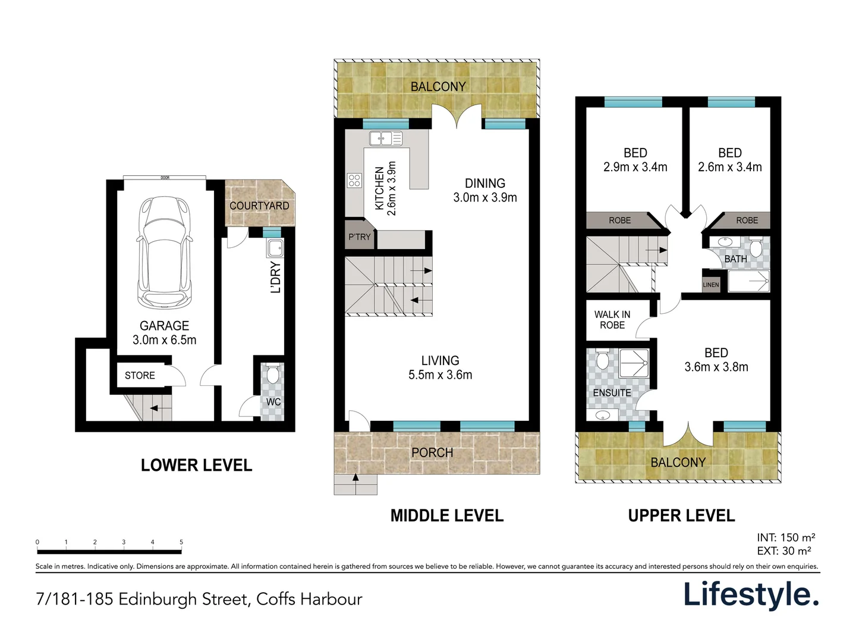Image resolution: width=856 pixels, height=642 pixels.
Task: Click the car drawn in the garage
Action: (165, 252)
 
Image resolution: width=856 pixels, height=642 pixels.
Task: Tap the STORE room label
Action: (140, 376)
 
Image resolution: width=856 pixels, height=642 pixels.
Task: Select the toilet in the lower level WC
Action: (273, 374)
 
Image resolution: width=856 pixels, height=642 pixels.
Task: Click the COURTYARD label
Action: (259, 206)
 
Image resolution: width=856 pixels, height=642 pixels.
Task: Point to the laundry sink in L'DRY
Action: (275, 248)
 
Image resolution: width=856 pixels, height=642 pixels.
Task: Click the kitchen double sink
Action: (385, 139)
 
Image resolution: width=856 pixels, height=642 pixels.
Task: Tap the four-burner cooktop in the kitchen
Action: (355, 180)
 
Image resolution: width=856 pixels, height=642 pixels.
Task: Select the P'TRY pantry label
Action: (359, 237)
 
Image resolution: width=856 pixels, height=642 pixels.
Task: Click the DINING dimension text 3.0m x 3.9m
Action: (485, 197)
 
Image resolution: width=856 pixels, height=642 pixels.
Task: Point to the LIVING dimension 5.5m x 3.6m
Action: (440, 374)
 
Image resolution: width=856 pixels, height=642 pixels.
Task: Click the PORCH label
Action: (432, 452)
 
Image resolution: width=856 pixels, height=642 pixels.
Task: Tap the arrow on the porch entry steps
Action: (356, 480)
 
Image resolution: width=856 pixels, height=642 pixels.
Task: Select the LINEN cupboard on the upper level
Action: (711, 285)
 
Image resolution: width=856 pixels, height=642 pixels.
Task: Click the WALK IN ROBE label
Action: (612, 320)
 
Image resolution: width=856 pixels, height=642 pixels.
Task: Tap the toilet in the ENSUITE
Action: (602, 360)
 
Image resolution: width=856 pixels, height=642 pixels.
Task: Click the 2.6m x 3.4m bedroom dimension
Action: (729, 167)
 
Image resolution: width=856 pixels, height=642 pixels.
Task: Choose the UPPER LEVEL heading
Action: (681, 515)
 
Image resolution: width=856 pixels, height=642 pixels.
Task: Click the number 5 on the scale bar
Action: (181, 542)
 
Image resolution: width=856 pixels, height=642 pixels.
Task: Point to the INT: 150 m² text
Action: (786, 537)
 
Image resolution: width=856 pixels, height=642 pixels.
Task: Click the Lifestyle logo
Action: (751, 594)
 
